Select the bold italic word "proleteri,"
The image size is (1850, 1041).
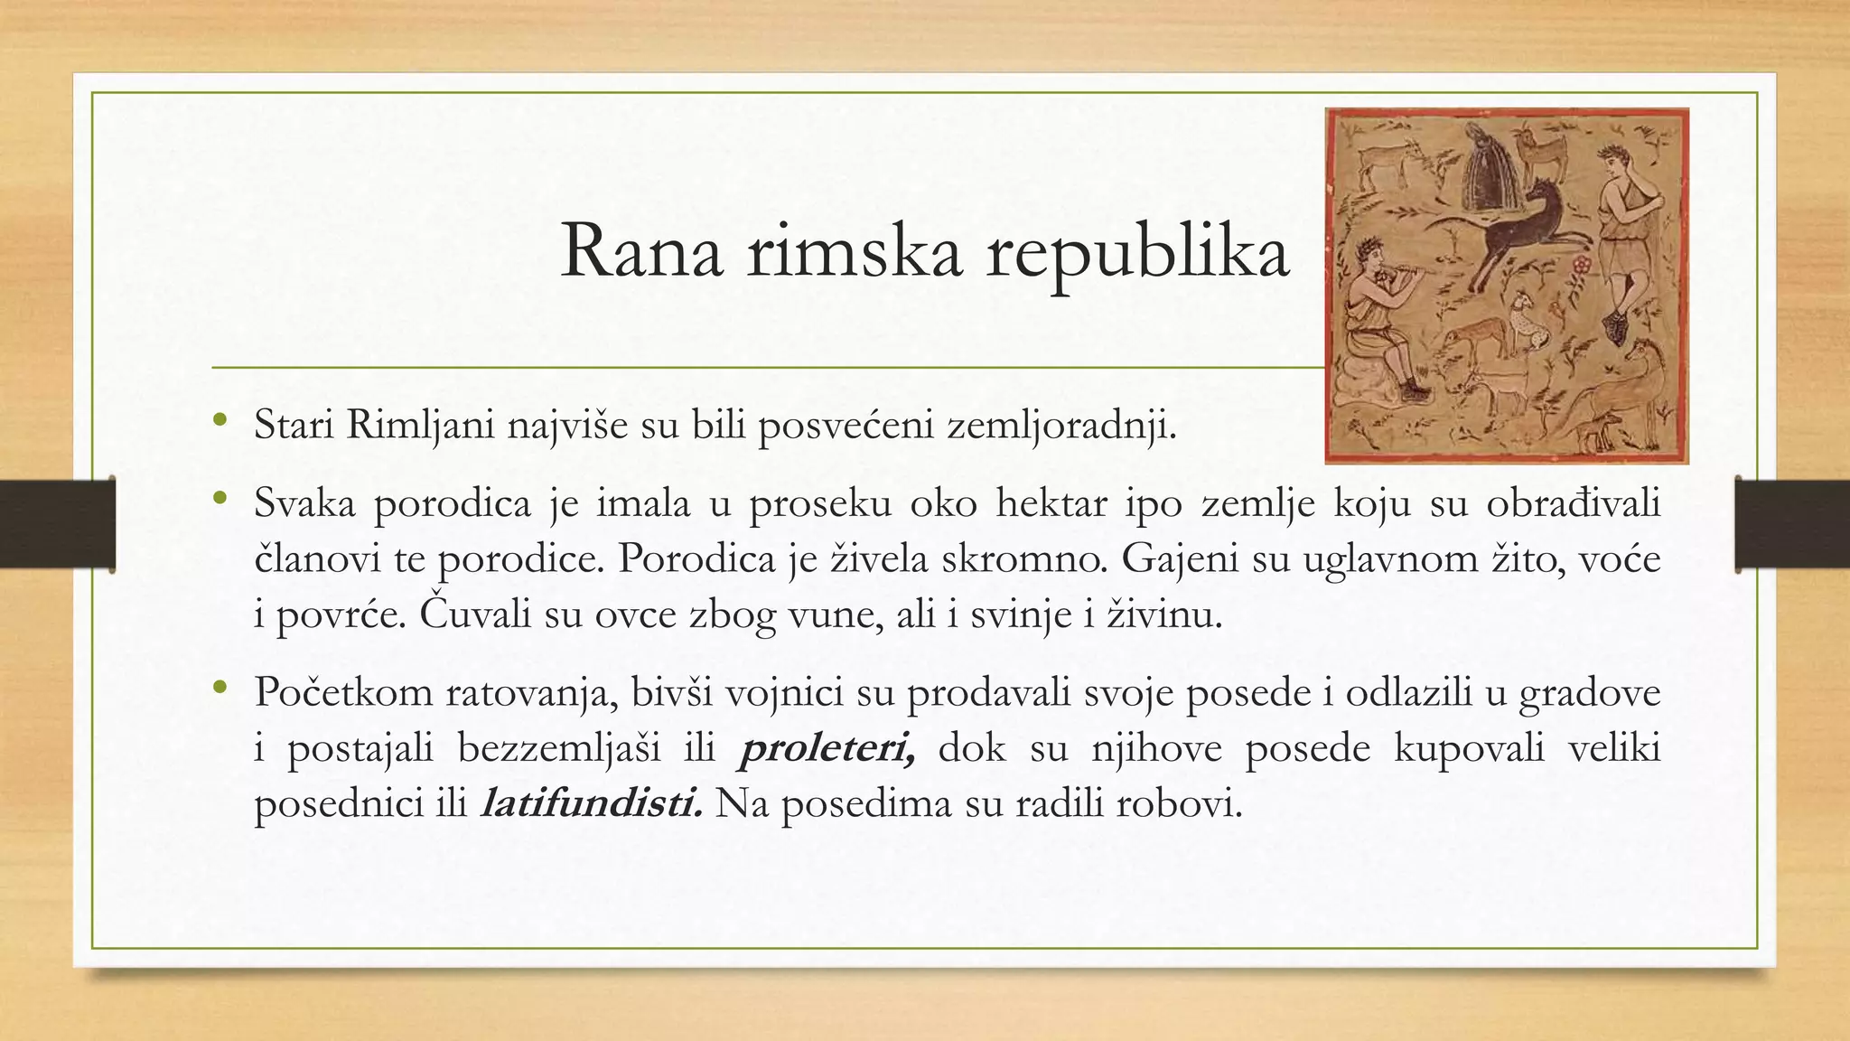click(827, 749)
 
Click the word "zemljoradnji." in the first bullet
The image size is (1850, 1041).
click(1061, 425)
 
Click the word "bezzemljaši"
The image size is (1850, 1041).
click(585, 749)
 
